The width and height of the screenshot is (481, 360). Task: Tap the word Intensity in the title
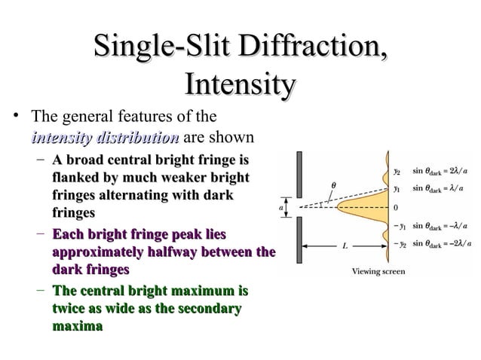(240, 84)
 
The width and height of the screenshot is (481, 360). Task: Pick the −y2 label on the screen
(397, 244)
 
